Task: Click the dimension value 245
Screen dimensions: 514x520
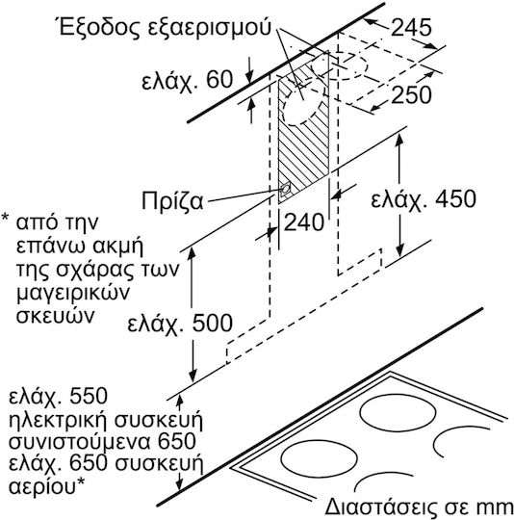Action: click(411, 27)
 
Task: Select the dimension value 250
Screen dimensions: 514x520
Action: click(411, 94)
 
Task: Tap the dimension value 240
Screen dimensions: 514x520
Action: click(304, 221)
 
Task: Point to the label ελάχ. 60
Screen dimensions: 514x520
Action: click(188, 80)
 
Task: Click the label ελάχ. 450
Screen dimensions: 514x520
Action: click(424, 198)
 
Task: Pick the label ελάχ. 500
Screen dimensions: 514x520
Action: click(180, 323)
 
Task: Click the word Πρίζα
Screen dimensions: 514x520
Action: click(172, 200)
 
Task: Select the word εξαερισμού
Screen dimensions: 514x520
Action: click(209, 29)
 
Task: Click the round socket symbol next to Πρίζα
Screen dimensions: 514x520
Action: click(285, 190)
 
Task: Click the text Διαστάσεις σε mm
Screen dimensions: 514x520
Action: click(419, 507)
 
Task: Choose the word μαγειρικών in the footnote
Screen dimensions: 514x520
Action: click(72, 293)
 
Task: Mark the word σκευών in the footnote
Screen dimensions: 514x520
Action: click(55, 316)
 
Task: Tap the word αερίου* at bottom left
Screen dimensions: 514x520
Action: click(46, 487)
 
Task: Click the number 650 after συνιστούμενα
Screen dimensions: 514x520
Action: click(177, 441)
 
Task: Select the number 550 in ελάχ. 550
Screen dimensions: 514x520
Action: click(89, 395)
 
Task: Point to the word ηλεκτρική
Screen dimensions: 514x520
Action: click(59, 420)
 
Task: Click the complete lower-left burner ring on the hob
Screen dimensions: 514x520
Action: click(319, 458)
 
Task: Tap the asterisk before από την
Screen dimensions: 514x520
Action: click(6, 217)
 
